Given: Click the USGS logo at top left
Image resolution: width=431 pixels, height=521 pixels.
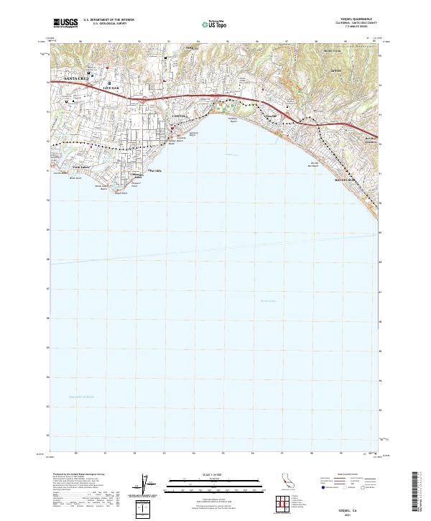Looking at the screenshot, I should coord(66,23).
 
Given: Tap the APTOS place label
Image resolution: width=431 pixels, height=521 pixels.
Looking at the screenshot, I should coord(335,72).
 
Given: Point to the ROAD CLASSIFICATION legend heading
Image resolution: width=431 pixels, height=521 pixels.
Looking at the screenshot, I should coord(348,475).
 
